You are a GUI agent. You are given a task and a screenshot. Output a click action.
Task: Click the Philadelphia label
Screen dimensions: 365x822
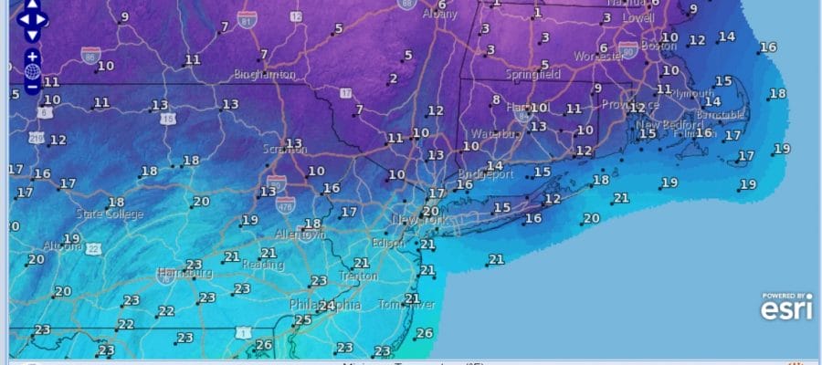tap(324, 304)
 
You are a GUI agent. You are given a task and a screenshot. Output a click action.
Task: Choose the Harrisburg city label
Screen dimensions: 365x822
tap(184, 273)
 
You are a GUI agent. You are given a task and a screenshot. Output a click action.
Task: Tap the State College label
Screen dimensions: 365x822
tap(110, 214)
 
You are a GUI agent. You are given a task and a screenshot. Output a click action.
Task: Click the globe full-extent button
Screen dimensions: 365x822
tap(32, 70)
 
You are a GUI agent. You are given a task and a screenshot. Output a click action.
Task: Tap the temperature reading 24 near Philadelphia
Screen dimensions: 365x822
tap(325, 307)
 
